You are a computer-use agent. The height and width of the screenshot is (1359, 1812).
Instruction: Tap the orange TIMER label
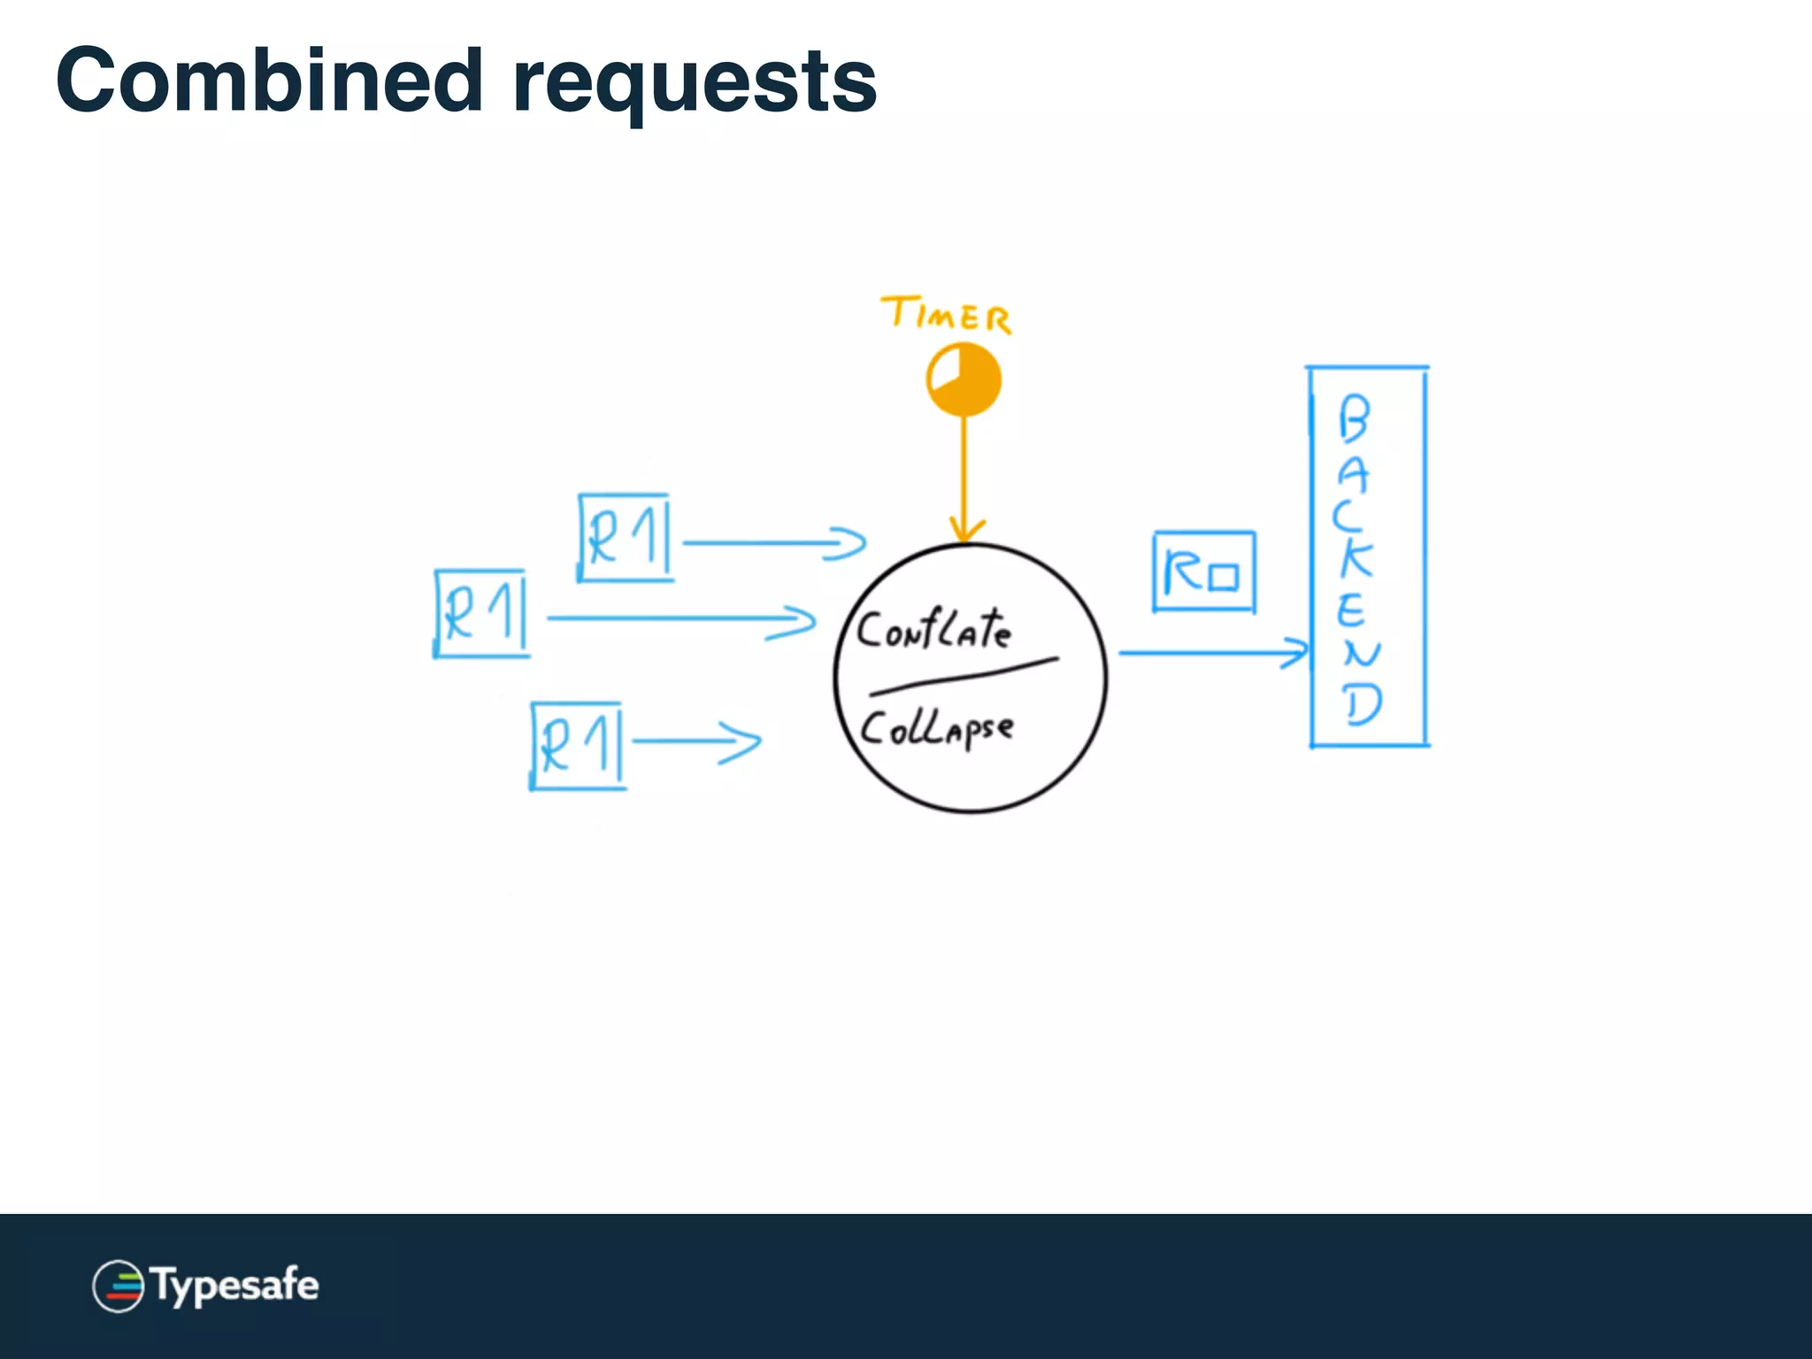(946, 315)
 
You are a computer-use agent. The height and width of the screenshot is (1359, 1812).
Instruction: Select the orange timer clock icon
(964, 380)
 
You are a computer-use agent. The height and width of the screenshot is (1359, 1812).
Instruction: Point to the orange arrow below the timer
(964, 478)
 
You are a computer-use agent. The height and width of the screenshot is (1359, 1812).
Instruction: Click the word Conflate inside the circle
(933, 630)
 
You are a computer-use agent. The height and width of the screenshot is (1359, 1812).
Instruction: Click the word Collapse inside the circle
(936, 730)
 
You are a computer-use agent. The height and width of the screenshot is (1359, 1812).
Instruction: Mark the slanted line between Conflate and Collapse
(964, 677)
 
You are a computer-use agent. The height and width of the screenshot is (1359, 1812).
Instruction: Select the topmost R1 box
(625, 538)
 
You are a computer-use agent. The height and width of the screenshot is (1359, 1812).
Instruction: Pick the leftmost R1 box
(482, 613)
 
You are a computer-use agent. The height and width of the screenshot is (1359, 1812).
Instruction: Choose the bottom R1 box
(578, 745)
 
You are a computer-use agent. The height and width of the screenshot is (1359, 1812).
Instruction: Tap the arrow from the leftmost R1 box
(681, 618)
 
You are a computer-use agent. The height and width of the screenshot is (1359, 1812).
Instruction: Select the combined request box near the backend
(1204, 572)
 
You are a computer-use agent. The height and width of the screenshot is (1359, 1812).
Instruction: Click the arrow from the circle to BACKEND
(1212, 653)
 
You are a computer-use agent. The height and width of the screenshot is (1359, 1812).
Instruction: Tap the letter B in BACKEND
(1354, 418)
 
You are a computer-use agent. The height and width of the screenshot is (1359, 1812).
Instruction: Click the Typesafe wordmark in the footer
(234, 1286)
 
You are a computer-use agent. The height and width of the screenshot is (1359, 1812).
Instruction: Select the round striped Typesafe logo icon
(119, 1286)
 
